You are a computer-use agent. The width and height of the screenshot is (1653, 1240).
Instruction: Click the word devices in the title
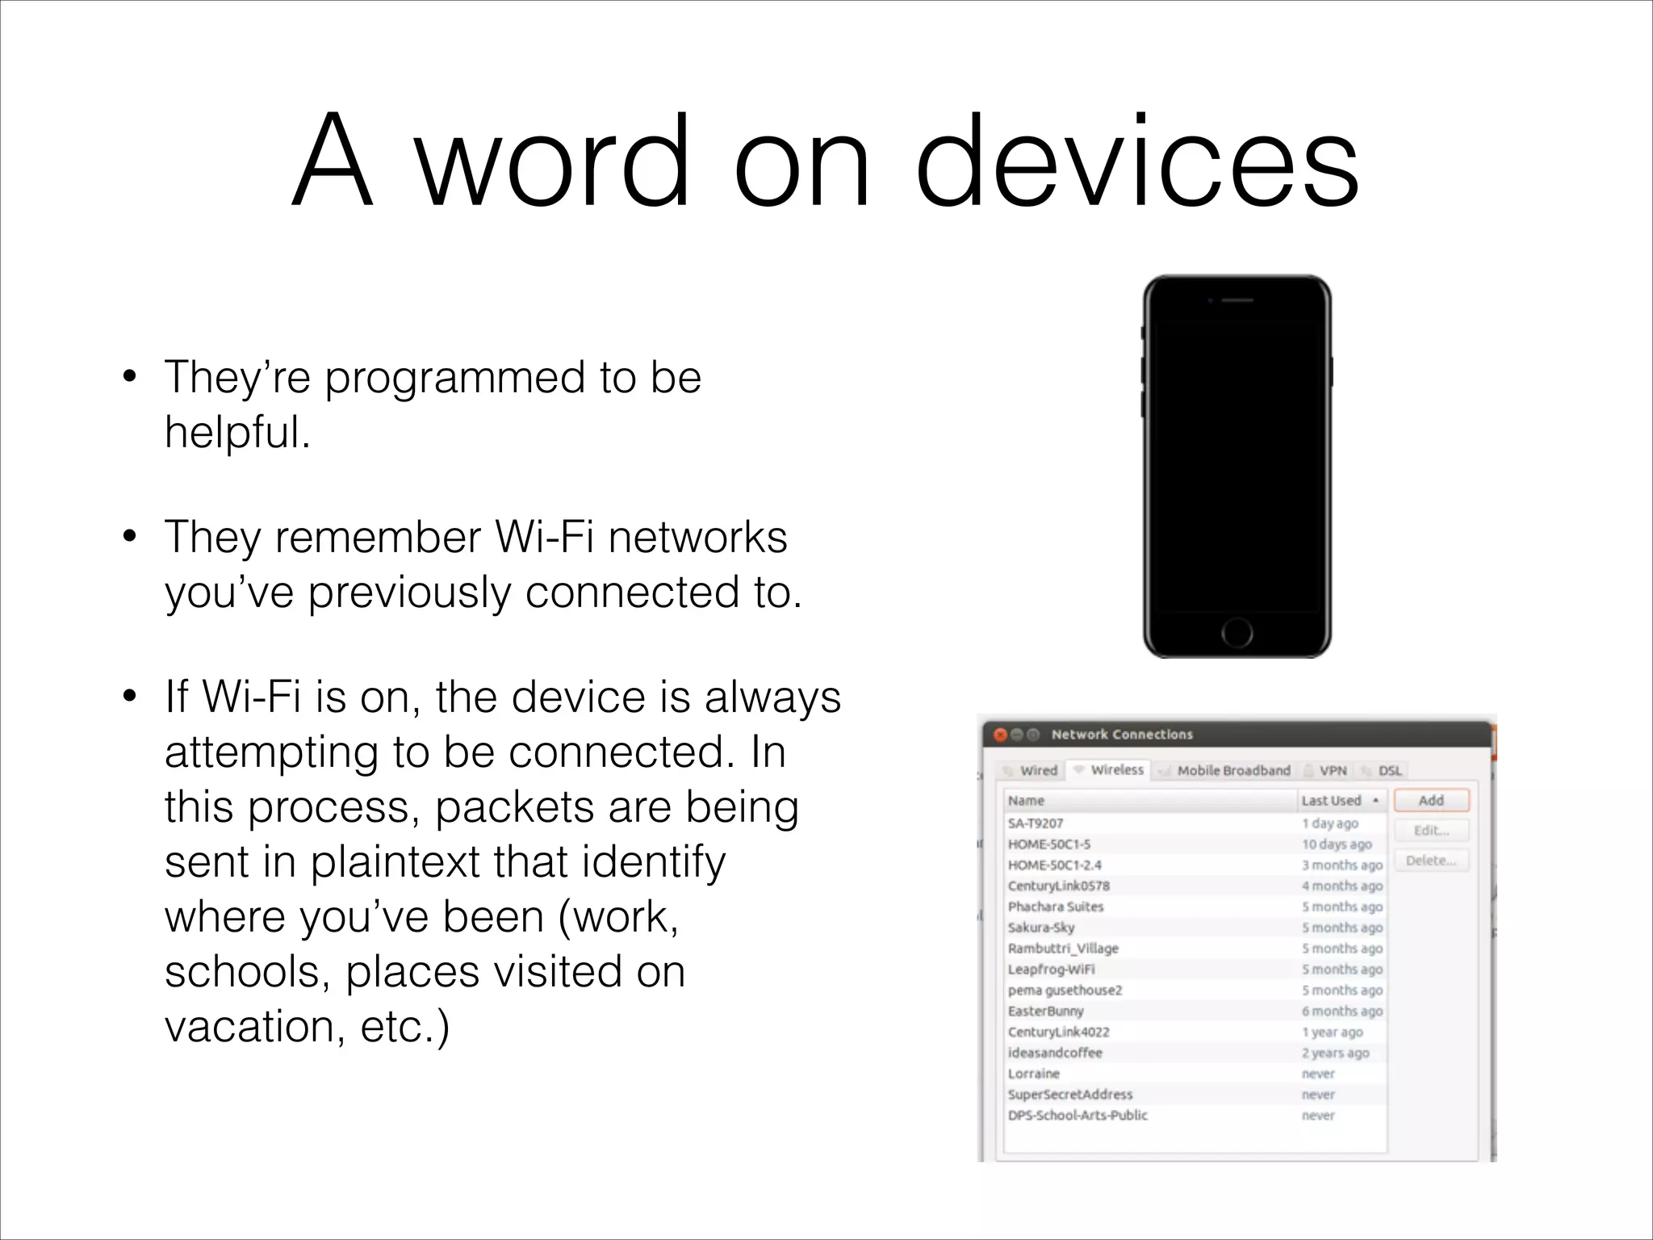1137,161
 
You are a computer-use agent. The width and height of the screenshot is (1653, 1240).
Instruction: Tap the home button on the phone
1237,632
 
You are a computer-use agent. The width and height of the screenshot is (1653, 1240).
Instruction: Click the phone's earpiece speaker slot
1237,300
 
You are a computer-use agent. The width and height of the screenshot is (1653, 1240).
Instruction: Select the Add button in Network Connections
1431,800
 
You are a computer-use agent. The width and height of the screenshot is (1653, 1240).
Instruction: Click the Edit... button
1431,830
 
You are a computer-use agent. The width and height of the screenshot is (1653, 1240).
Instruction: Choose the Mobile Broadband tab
1233,770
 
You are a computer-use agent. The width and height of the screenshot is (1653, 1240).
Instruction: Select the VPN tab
1333,770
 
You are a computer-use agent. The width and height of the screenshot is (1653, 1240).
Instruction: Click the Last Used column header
1332,800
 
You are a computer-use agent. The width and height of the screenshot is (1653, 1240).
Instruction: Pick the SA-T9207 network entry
1036,823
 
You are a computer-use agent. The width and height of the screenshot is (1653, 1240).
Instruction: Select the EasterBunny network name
1045,1011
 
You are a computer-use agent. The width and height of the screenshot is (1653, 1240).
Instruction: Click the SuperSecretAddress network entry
1070,1095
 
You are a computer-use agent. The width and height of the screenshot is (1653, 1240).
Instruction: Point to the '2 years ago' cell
1335,1053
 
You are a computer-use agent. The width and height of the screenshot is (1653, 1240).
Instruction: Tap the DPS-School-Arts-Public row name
1078,1115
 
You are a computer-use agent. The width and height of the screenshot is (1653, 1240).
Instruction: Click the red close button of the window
1000,735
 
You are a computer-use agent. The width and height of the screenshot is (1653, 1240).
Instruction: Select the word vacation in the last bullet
249,1026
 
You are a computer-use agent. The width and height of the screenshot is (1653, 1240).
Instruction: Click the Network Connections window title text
1122,735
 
